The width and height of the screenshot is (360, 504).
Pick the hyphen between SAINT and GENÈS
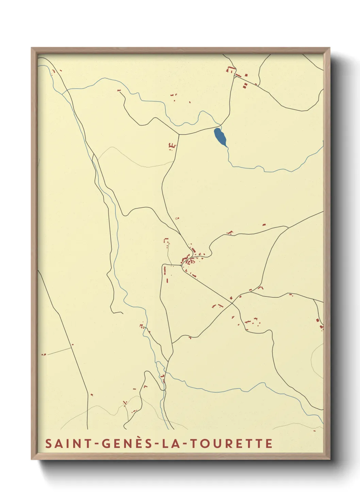(x=97, y=444)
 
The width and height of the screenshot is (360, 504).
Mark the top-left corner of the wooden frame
(x=32, y=48)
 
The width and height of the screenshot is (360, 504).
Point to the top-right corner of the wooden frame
(x=329, y=48)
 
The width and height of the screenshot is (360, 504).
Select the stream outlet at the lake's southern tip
(x=226, y=147)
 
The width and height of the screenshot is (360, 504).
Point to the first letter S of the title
(x=49, y=443)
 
